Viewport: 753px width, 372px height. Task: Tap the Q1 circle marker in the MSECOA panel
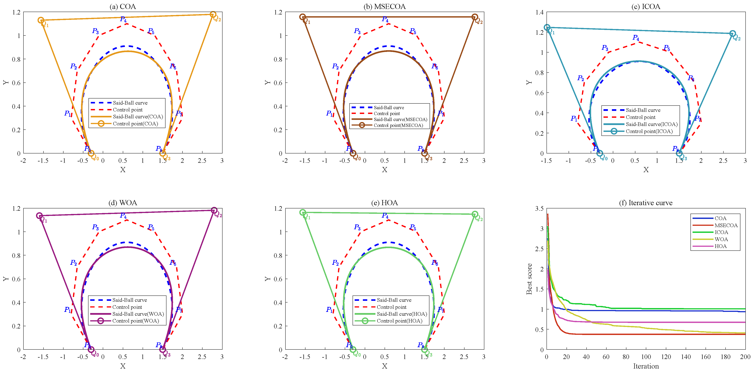point(303,17)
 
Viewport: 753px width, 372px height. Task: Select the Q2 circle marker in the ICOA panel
point(732,34)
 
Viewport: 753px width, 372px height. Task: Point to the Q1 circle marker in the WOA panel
point(39,216)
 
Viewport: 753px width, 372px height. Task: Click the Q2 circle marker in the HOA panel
point(475,214)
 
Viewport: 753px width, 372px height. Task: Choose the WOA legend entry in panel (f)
point(721,239)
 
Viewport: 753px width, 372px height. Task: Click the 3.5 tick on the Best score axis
point(539,208)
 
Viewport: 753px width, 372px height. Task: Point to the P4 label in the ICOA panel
point(636,38)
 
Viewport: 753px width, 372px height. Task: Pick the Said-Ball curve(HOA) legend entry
point(402,314)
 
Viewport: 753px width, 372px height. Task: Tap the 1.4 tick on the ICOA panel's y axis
point(539,12)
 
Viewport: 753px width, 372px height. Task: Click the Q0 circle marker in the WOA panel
point(91,349)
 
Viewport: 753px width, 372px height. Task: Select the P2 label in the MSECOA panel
point(335,66)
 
